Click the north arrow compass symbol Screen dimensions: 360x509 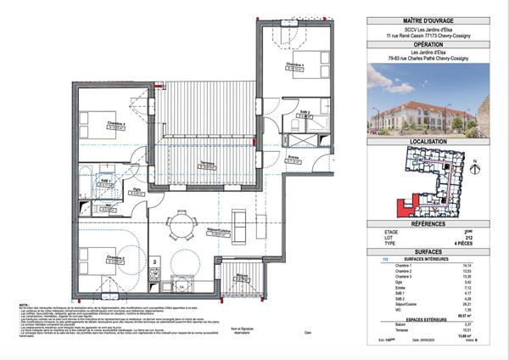475,160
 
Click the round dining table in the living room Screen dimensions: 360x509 181,225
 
